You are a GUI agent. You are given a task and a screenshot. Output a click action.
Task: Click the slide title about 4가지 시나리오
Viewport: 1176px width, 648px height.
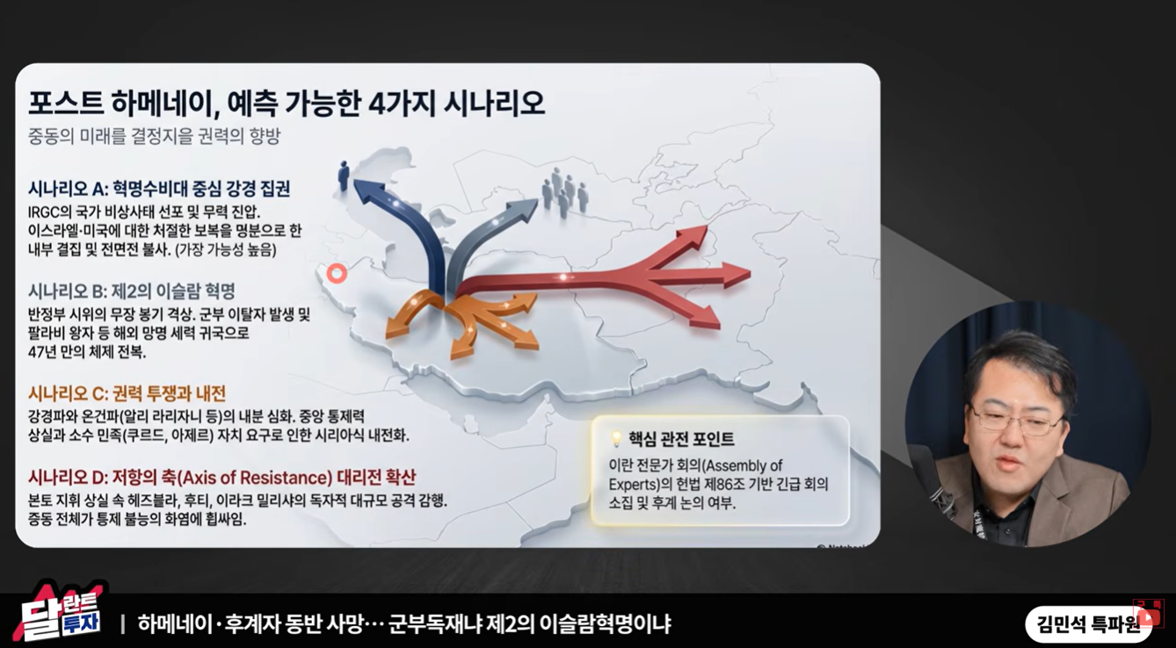pos(287,104)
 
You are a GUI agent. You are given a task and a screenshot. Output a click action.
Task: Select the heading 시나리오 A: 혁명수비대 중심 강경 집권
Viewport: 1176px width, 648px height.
pos(159,189)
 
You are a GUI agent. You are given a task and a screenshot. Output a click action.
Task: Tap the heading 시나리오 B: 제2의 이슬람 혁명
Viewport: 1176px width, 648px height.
pos(132,291)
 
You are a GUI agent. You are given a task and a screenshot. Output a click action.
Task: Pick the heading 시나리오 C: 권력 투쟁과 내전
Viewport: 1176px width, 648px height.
pos(127,393)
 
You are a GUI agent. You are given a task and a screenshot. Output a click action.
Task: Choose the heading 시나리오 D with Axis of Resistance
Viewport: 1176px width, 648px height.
pos(222,478)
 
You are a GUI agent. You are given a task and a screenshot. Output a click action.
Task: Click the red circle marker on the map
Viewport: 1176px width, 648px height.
pos(337,273)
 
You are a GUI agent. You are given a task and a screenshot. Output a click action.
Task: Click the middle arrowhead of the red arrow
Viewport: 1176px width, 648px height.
pos(735,275)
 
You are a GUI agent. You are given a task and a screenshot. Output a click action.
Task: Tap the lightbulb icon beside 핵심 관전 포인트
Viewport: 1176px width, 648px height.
pos(616,439)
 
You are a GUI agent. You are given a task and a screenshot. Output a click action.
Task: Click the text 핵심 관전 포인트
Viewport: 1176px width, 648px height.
pos(681,439)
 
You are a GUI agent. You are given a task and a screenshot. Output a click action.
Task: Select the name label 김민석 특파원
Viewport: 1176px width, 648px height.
pos(1088,624)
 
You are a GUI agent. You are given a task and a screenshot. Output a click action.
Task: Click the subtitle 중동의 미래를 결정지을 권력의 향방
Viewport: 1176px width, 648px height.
pos(155,136)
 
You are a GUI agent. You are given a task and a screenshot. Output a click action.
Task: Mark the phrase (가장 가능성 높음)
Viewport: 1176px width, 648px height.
pos(226,249)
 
